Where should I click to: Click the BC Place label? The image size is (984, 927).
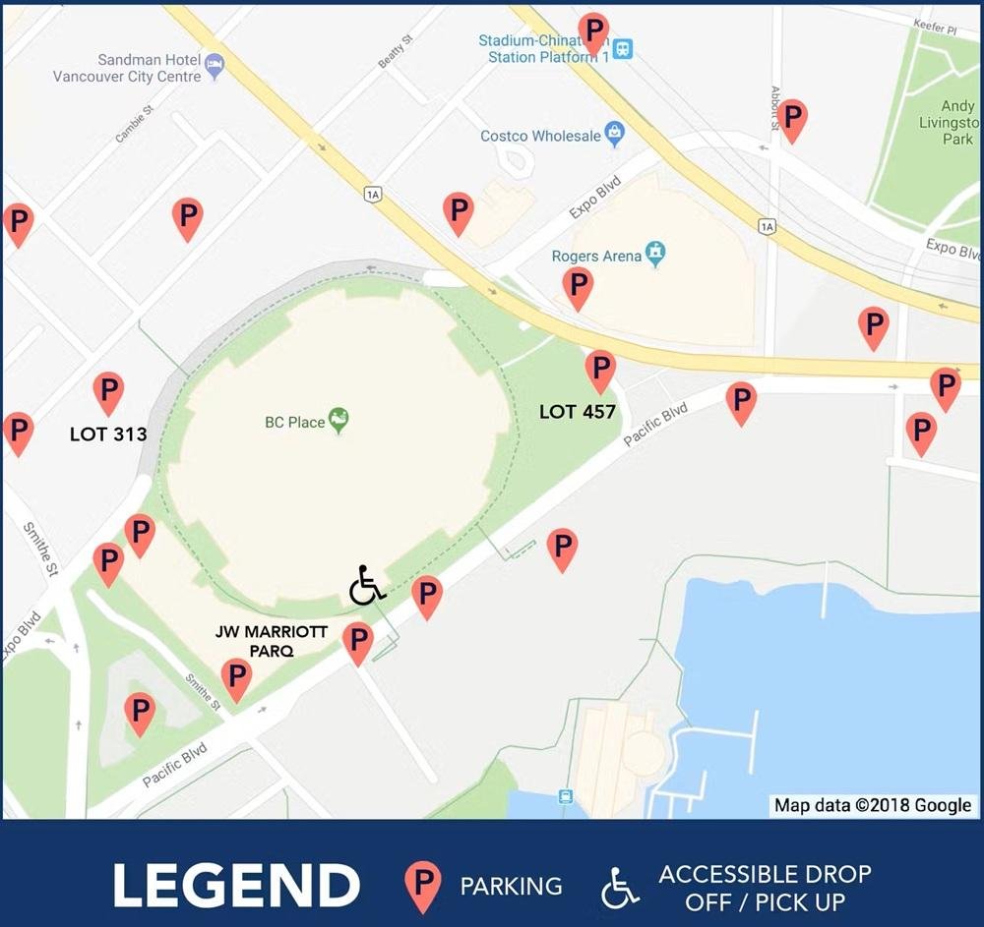pyautogui.click(x=294, y=423)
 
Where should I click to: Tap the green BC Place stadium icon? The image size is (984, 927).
pyautogui.click(x=338, y=421)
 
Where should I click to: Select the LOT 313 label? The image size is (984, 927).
pyautogui.click(x=108, y=434)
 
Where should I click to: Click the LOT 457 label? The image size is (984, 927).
pyautogui.click(x=578, y=412)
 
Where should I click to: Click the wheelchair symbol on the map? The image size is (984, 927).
pyautogui.click(x=366, y=586)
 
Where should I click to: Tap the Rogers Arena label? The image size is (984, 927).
pyautogui.click(x=596, y=257)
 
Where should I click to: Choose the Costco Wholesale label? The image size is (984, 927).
pyautogui.click(x=540, y=136)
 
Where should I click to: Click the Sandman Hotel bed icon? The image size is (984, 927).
pyautogui.click(x=215, y=68)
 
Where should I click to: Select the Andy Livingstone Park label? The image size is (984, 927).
pyautogui.click(x=957, y=123)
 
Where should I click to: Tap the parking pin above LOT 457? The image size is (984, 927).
pyautogui.click(x=600, y=370)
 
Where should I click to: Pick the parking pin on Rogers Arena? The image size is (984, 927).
pyautogui.click(x=579, y=286)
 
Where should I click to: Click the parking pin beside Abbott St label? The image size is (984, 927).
pyautogui.click(x=792, y=118)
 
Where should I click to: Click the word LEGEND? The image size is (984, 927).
pyautogui.click(x=236, y=885)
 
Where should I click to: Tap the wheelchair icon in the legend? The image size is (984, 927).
pyautogui.click(x=619, y=887)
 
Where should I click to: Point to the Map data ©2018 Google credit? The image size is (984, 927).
pyautogui.click(x=873, y=805)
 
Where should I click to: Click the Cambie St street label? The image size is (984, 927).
pyautogui.click(x=136, y=124)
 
